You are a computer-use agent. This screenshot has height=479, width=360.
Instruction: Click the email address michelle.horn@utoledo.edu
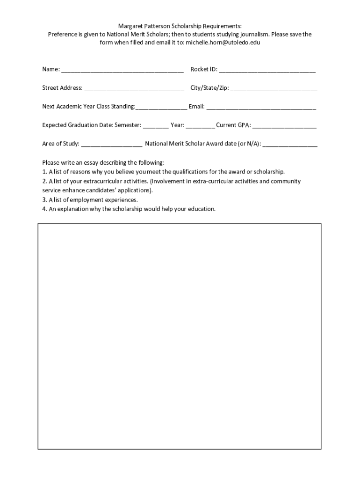point(223,43)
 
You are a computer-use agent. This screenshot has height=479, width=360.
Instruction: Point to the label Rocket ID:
point(204,69)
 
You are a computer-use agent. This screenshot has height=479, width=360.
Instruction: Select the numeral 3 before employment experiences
point(44,200)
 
